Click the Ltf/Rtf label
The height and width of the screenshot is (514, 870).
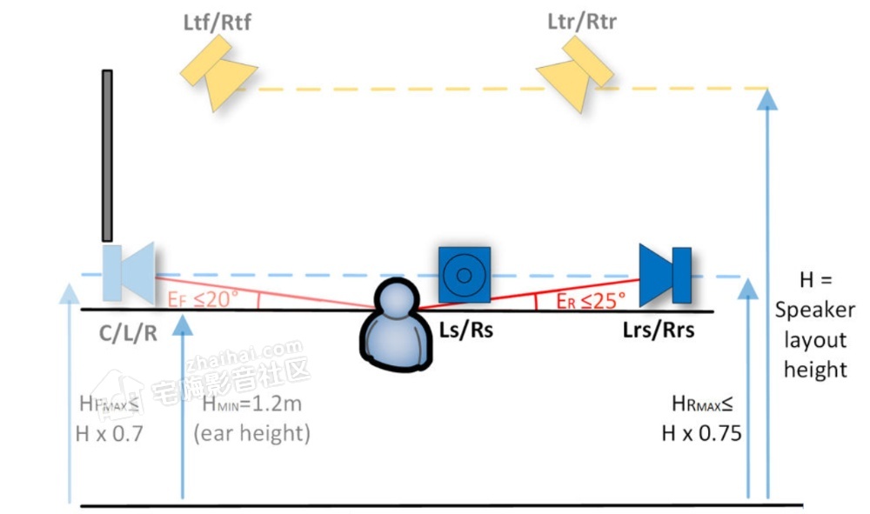(x=217, y=22)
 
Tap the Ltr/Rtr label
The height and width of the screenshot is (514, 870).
(x=582, y=22)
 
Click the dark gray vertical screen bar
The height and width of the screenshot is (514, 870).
(x=107, y=155)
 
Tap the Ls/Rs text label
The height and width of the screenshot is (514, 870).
(x=462, y=330)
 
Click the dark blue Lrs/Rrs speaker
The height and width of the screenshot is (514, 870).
(x=666, y=274)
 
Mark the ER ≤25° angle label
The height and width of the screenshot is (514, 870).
(x=592, y=301)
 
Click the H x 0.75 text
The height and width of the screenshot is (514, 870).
(x=701, y=432)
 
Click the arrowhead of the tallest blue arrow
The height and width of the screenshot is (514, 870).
(x=766, y=97)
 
